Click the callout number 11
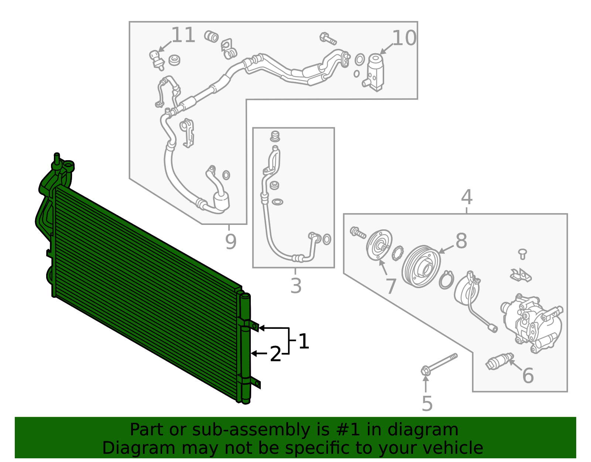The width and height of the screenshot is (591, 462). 183,36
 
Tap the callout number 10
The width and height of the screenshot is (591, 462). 404,38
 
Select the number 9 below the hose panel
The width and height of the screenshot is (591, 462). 230,242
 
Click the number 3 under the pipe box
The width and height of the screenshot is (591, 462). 296,286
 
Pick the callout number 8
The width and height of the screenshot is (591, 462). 461,241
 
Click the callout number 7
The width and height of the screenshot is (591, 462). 391,286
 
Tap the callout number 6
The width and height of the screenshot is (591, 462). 528,375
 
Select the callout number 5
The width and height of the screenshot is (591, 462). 427,404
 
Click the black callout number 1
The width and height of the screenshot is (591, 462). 304,341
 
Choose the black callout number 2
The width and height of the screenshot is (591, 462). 276,354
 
